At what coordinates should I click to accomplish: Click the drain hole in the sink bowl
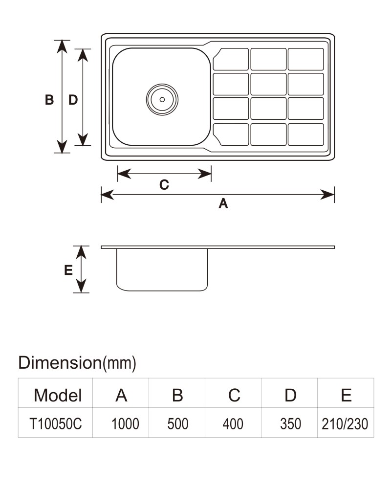point(162,99)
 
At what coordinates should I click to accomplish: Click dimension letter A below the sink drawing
point(223,203)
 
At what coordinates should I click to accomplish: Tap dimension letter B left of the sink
point(49,100)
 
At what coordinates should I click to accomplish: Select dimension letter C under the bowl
point(164,185)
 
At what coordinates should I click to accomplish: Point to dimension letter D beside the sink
point(73,100)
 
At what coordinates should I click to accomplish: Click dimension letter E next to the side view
point(68,270)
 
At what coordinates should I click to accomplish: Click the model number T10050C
point(56,424)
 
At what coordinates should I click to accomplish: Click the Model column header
point(58,395)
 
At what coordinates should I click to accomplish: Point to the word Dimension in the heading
point(60,362)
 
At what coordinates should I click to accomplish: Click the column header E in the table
point(346,395)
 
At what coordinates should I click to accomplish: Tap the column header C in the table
point(234,395)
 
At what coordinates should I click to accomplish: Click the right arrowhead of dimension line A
point(327,194)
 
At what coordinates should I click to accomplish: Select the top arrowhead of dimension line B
point(62,47)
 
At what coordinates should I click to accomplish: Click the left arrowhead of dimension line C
point(124,174)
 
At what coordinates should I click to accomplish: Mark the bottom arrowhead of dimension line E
point(81,286)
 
